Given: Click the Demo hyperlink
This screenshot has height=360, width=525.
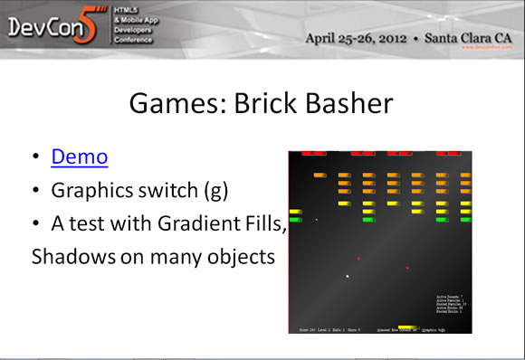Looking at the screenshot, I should (x=80, y=156).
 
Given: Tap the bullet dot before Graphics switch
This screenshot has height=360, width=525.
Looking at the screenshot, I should (x=35, y=191).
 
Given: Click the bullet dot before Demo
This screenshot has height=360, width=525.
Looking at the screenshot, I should (x=35, y=157).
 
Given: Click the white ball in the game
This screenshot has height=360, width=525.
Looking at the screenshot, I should (x=347, y=276).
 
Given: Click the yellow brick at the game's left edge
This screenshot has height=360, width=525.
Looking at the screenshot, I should (x=295, y=211).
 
